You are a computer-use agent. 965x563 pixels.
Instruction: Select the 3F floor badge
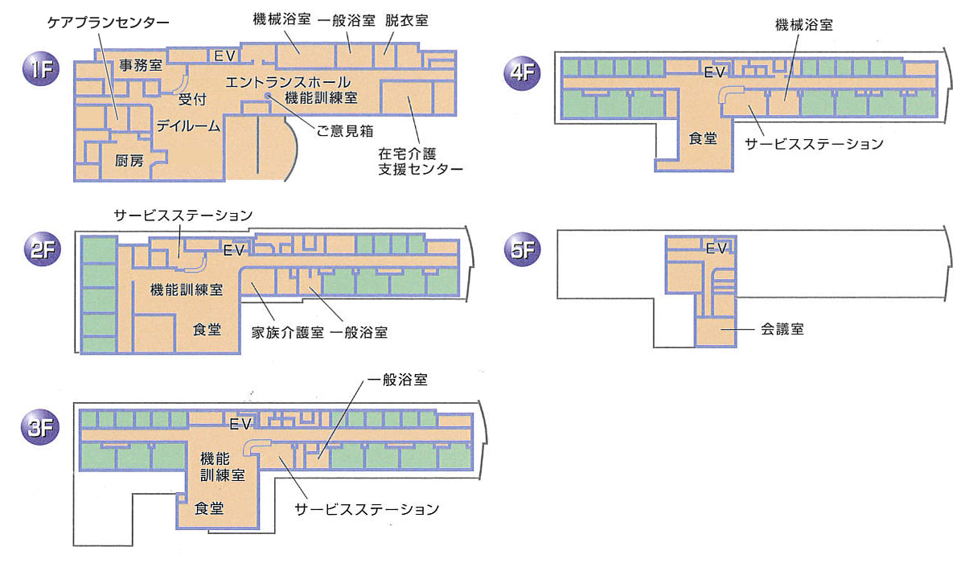(x=40, y=426)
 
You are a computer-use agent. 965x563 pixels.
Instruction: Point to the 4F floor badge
(x=522, y=72)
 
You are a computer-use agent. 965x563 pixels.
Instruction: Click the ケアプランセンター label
(x=108, y=23)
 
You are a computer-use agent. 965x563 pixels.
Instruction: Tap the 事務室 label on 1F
(x=141, y=65)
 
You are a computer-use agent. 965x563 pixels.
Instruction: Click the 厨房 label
(x=129, y=161)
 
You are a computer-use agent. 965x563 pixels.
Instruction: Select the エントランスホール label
(x=288, y=82)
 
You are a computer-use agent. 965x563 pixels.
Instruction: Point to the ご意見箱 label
(x=345, y=131)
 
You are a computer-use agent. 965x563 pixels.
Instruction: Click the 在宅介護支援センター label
(x=421, y=162)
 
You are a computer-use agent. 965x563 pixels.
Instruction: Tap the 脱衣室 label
(x=407, y=20)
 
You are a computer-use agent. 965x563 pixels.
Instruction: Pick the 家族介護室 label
(x=287, y=332)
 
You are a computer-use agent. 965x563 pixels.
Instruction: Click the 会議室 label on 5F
(x=782, y=329)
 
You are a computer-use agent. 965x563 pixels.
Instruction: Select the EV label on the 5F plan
(x=717, y=248)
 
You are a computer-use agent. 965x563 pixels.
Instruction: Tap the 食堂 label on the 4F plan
(x=703, y=138)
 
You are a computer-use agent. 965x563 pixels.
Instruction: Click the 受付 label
(x=192, y=100)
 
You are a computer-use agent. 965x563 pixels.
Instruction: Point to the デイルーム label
(x=188, y=125)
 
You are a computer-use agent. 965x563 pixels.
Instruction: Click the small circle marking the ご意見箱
(x=268, y=96)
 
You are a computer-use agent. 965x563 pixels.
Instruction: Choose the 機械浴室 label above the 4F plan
(x=804, y=25)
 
